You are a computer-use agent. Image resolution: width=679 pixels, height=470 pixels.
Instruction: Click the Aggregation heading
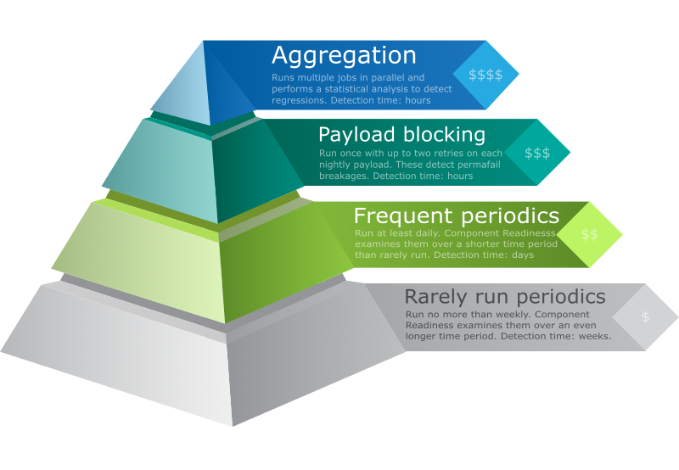pyautogui.click(x=344, y=56)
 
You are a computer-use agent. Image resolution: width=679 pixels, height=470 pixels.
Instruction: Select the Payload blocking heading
pyautogui.click(x=401, y=135)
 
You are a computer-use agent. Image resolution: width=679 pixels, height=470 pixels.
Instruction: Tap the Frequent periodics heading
pyautogui.click(x=456, y=215)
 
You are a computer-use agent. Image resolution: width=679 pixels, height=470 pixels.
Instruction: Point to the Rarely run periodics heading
pyautogui.click(x=504, y=296)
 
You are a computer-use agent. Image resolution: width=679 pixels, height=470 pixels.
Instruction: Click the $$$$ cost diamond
pyautogui.click(x=485, y=75)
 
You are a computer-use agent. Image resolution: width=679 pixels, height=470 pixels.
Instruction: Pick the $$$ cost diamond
pyautogui.click(x=537, y=153)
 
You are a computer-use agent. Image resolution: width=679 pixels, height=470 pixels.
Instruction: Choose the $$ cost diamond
pyautogui.click(x=589, y=234)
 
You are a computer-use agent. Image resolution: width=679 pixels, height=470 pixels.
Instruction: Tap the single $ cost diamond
pyautogui.click(x=645, y=317)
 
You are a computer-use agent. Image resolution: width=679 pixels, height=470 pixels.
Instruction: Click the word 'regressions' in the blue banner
pyautogui.click(x=299, y=100)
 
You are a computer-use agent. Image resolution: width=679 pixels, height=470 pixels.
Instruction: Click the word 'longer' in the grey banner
pyautogui.click(x=424, y=336)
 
